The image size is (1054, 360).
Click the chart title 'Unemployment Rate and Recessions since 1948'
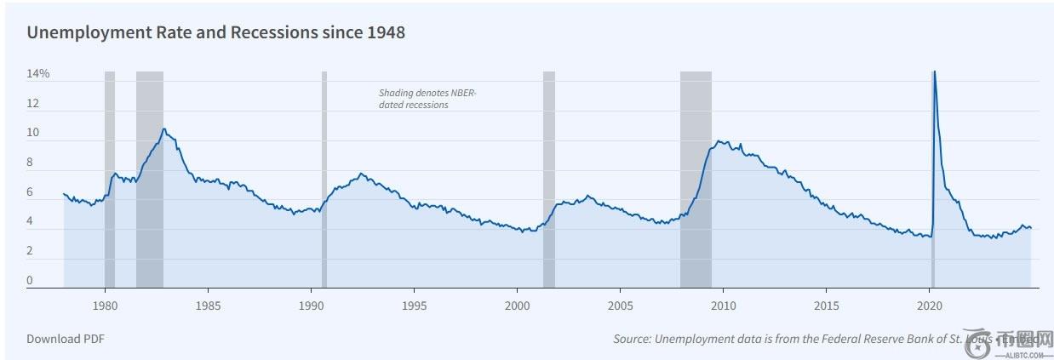click(215, 33)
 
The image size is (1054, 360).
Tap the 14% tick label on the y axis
click(38, 74)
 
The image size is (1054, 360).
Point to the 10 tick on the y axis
click(33, 133)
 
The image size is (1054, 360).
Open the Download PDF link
click(66, 339)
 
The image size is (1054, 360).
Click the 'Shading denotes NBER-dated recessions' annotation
click(428, 99)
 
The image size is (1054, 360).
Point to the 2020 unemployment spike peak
click(934, 72)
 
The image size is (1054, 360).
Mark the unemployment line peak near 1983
click(163, 129)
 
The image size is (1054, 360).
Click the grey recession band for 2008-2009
click(696, 179)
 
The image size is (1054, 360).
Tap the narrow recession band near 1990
click(324, 179)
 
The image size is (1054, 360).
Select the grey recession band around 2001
click(549, 179)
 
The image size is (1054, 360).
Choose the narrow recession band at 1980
click(110, 179)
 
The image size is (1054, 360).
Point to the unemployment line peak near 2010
click(720, 141)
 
